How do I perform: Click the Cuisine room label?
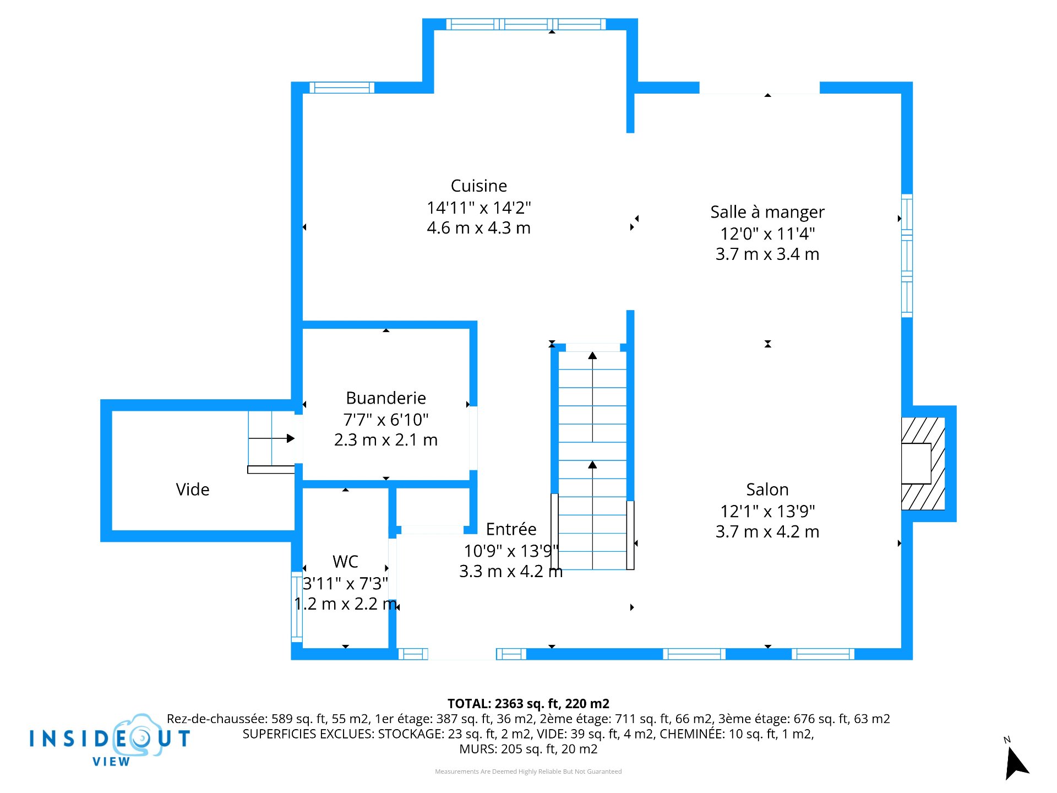tap(478, 186)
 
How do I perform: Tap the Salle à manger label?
tap(767, 212)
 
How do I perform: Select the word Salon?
tap(767, 489)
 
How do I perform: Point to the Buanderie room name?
tap(386, 398)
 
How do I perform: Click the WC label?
tap(345, 561)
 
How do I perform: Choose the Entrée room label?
tap(511, 529)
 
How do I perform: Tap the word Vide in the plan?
tap(193, 489)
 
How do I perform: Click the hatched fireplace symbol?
tap(923, 464)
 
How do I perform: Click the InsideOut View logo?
tap(110, 740)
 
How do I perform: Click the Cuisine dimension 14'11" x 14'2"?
tap(478, 208)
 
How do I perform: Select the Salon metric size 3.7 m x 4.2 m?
tap(767, 531)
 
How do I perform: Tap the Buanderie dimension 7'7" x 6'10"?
tap(386, 420)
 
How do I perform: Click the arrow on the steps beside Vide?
tap(271, 438)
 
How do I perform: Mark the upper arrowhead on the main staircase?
tap(592, 355)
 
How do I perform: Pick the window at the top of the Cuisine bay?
tap(526, 24)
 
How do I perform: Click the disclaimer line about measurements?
tap(528, 772)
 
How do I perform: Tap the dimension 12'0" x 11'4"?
tap(767, 233)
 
